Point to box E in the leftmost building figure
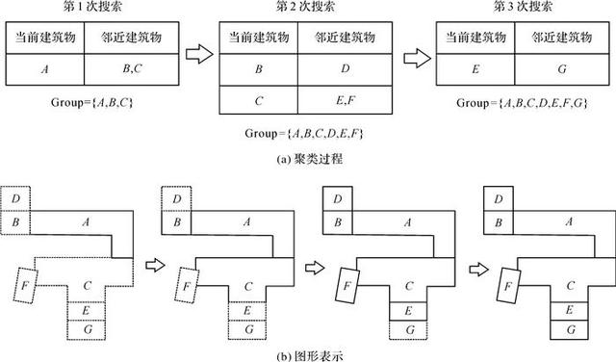point(88,310)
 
